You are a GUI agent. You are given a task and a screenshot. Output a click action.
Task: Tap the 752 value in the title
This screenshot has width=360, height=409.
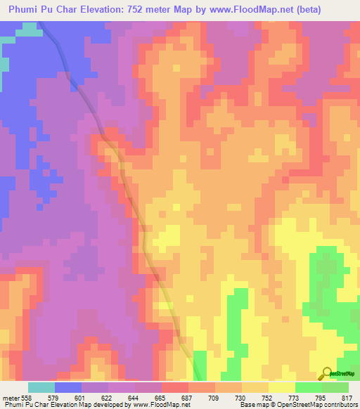coord(152,10)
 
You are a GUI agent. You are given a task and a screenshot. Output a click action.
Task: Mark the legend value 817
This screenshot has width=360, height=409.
coord(347,398)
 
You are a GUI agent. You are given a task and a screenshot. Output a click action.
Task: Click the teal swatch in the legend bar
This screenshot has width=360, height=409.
coord(41,387)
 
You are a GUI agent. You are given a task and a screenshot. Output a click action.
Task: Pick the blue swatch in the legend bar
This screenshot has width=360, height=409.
coord(68,387)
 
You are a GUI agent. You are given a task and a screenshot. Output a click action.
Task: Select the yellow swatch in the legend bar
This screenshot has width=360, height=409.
coord(282,387)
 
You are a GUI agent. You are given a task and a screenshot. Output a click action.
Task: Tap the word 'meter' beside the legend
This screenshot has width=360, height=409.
coord(11,398)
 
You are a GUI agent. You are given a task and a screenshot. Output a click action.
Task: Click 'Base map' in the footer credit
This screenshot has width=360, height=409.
coord(252,405)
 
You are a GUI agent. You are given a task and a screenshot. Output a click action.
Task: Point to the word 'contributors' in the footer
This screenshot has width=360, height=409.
coord(340,405)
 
